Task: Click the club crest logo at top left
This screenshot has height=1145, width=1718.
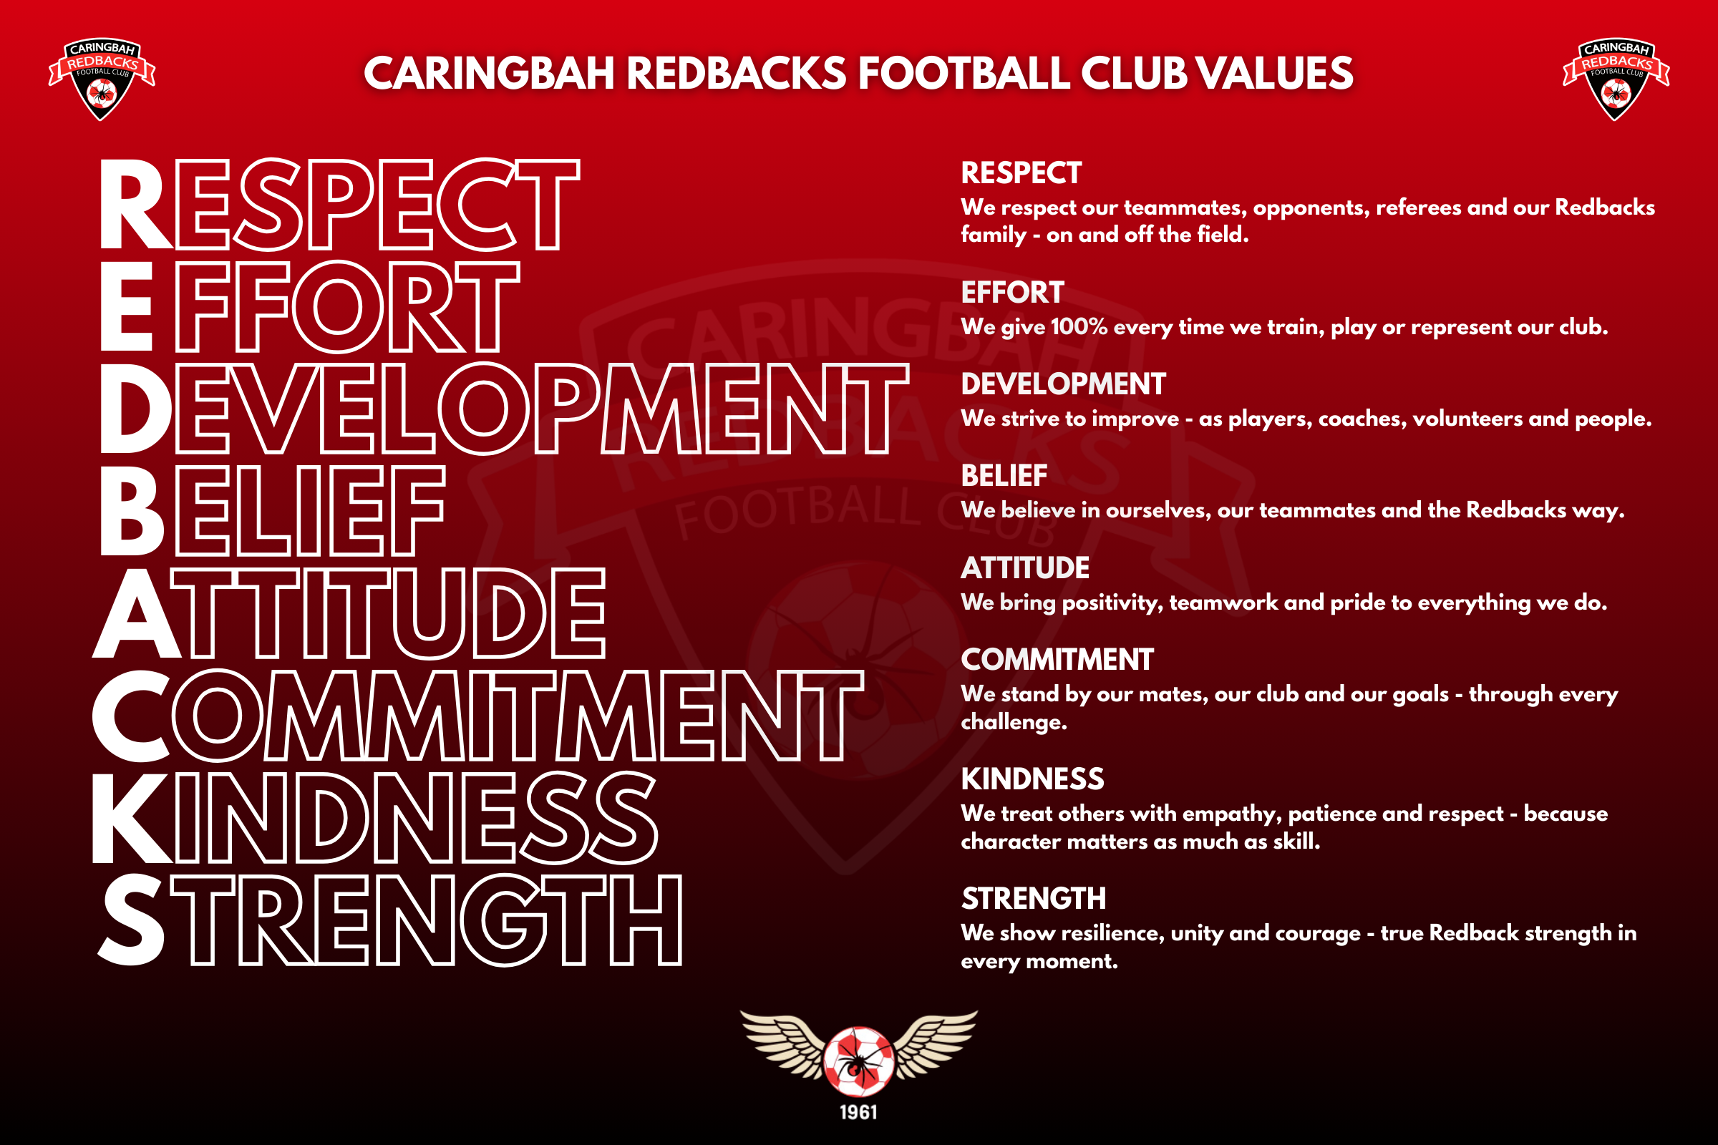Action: (x=102, y=79)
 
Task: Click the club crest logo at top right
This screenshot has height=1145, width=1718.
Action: (x=1616, y=79)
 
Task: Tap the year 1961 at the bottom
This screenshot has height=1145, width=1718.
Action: (x=858, y=1112)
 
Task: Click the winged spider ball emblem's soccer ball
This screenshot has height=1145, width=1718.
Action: (x=859, y=1062)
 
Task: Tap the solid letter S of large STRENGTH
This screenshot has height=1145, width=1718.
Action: (x=132, y=920)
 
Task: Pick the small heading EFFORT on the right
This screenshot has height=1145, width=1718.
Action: (x=1012, y=293)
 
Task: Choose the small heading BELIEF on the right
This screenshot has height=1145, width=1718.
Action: (x=1004, y=476)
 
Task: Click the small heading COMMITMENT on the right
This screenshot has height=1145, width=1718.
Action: (x=1057, y=660)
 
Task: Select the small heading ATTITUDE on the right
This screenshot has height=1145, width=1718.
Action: (x=1025, y=568)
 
